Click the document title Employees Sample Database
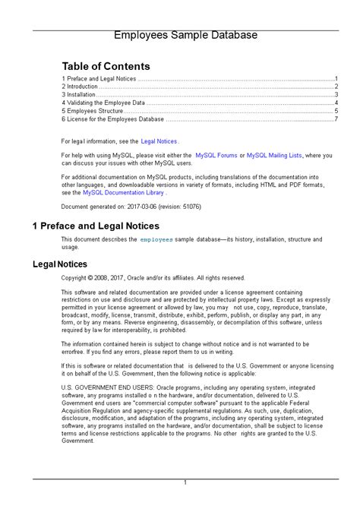pos(185,35)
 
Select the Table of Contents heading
pos(106,66)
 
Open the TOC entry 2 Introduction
pos(80,87)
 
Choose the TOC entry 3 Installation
pos(79,95)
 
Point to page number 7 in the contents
pos(336,119)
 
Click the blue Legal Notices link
pos(159,141)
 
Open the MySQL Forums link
pos(216,155)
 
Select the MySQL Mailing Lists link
pos(274,155)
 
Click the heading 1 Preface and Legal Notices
pos(96,226)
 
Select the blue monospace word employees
pos(156,240)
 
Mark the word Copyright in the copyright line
pos(77,278)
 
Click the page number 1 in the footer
pos(185,483)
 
